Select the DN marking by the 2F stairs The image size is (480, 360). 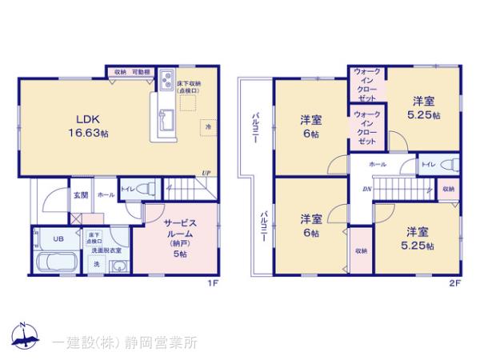pos(366,190)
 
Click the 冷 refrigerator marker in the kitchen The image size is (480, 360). pos(207,127)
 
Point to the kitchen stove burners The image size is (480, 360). pos(169,79)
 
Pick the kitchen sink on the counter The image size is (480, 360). pos(166,120)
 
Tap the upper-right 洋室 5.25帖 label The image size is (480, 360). pos(424,107)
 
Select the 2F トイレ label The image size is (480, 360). pos(427,165)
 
